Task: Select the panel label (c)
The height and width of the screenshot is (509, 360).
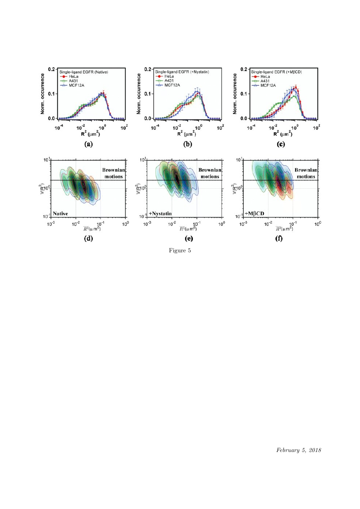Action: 282,144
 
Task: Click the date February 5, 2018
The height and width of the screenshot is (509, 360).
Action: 299,449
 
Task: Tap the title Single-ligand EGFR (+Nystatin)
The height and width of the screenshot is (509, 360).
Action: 182,72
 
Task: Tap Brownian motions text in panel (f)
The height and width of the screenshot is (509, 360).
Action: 306,173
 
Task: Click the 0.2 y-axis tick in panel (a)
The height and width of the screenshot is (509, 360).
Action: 51,69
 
